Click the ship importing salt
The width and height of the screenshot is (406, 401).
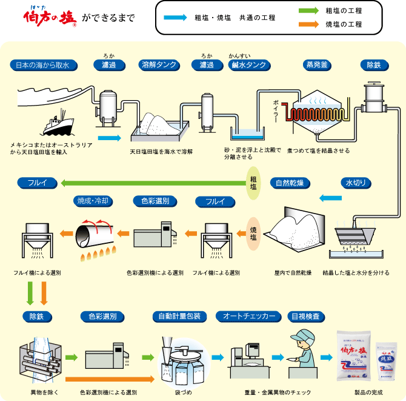(59, 124)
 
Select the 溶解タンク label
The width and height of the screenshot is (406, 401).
(158, 64)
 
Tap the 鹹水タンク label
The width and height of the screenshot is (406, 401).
(248, 64)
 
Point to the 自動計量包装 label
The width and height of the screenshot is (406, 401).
(180, 316)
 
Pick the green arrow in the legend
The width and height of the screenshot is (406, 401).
(308, 11)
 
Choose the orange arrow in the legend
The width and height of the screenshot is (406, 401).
(308, 24)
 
